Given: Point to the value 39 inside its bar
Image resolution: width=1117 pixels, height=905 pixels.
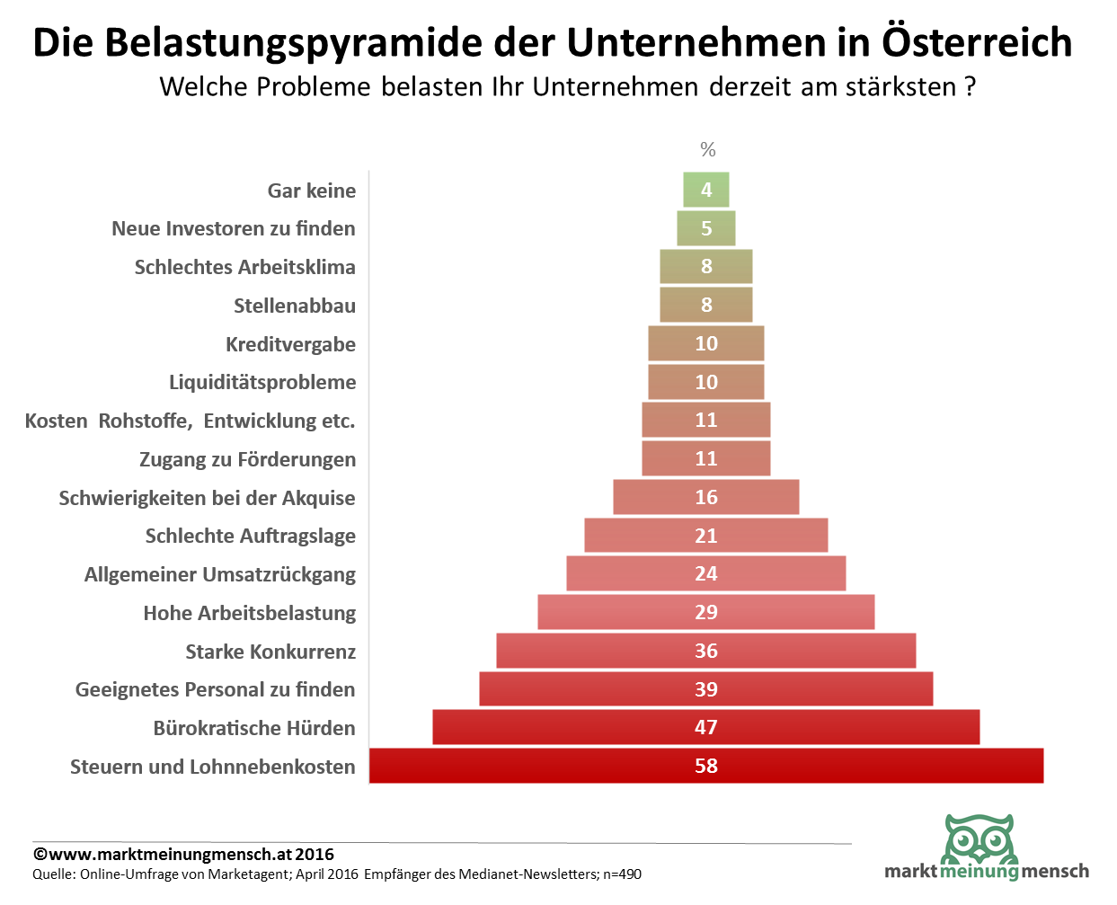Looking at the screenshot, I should point(706,689).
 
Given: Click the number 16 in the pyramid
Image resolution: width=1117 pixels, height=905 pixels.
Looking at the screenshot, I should point(706,497).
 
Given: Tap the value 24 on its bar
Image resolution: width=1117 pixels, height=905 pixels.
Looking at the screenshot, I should point(706,573).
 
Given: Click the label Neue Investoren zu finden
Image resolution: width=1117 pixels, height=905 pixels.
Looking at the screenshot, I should point(234,228).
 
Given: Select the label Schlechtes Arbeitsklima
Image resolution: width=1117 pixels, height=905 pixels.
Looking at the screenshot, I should point(245,267).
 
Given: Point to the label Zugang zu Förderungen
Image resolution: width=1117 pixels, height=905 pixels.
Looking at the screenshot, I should point(248,459).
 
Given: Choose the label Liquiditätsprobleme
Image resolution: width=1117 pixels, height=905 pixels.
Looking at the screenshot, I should point(262,382).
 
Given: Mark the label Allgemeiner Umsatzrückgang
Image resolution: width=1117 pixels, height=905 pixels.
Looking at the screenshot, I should point(220,574).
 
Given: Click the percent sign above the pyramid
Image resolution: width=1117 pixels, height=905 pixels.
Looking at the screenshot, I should point(708,149).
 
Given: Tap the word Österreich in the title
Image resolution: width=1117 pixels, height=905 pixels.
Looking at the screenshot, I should point(977,42).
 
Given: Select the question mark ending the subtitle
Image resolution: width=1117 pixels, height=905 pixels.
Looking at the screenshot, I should point(970,86).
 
